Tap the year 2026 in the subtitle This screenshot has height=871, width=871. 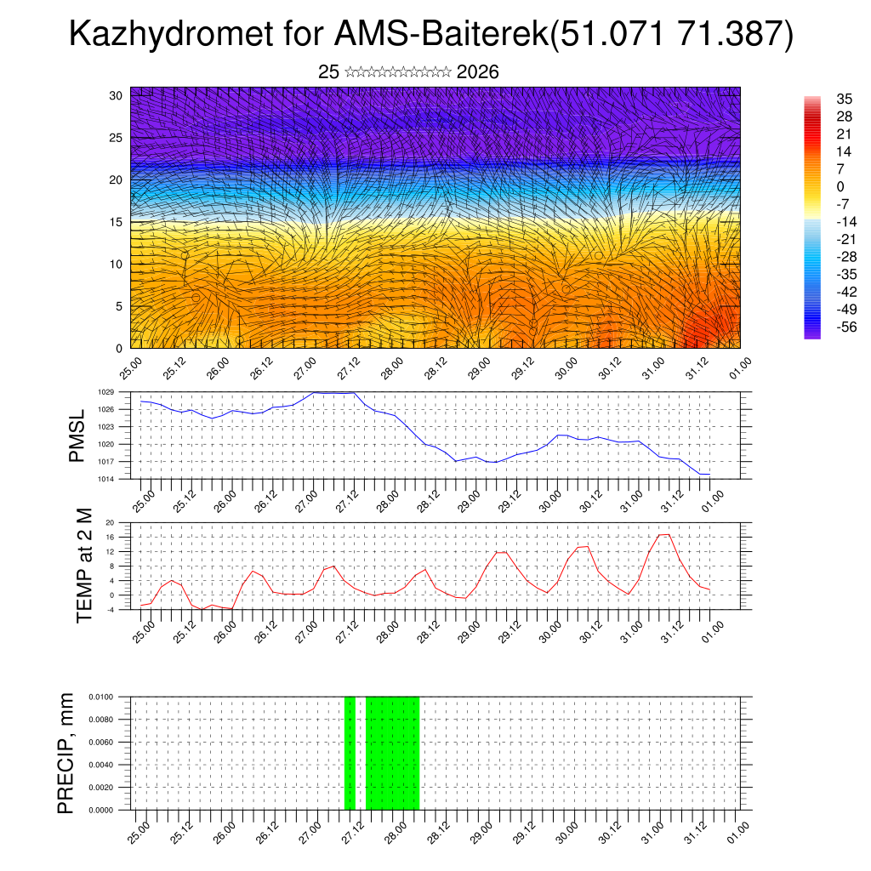(477, 72)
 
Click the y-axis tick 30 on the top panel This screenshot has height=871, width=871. (116, 95)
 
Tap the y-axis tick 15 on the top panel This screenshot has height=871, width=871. (116, 222)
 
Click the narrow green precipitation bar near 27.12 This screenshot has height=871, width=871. (350, 753)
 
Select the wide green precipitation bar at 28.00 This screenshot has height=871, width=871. (392, 753)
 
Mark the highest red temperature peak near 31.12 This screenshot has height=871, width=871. (664, 534)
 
